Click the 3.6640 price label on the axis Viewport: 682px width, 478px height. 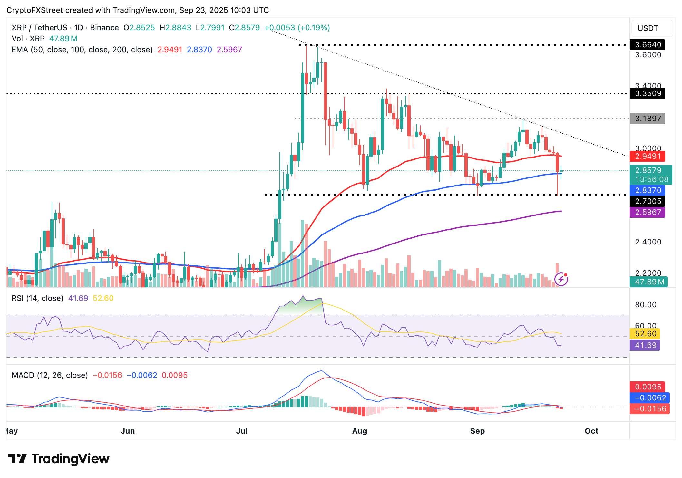tap(647, 45)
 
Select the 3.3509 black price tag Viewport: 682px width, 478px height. tap(647, 93)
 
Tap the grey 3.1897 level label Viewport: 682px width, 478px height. tap(647, 119)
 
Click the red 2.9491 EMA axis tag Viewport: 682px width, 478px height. tap(647, 157)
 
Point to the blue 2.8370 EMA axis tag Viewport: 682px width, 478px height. tap(647, 190)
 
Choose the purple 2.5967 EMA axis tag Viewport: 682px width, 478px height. tap(647, 212)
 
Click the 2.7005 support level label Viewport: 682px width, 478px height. tap(647, 202)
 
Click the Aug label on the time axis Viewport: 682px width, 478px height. tap(359, 431)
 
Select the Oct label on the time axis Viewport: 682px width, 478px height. tap(591, 431)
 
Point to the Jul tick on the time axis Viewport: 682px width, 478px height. tap(242, 431)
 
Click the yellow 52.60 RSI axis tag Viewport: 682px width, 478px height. tap(645, 334)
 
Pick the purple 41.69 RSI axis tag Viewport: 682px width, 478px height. tap(645, 345)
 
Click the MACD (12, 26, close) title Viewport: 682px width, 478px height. tap(50, 375)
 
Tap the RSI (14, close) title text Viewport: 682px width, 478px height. tap(37, 298)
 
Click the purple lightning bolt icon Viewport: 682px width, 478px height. tap(561, 279)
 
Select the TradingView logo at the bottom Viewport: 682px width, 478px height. tap(59, 459)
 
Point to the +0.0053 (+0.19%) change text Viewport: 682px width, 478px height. tap(297, 28)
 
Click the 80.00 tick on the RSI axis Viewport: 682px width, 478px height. tap(645, 305)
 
